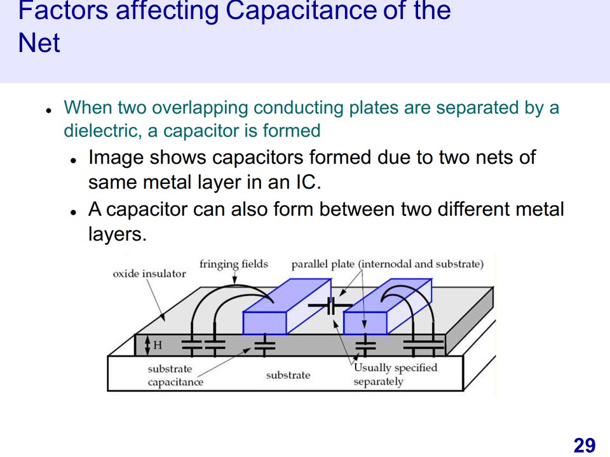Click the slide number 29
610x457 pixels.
tap(584, 445)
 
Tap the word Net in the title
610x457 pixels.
tap(39, 43)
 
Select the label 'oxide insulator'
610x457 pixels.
tap(149, 274)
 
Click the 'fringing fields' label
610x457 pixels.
tap(233, 264)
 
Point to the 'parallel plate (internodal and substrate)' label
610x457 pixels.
tap(387, 264)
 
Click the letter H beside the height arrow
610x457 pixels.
tap(158, 345)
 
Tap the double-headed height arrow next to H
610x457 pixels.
tap(147, 345)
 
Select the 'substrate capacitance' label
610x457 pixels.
tap(175, 375)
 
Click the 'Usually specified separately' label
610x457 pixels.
tap(395, 374)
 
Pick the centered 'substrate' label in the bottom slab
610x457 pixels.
tap(288, 375)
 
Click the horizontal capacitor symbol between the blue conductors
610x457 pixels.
tap(330, 306)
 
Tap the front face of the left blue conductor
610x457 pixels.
tap(264, 322)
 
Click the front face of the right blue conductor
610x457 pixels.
tap(365, 323)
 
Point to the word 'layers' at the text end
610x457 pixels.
tap(117, 234)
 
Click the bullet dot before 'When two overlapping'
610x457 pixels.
tap(48, 110)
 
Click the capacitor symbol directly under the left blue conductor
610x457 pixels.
tap(265, 345)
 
